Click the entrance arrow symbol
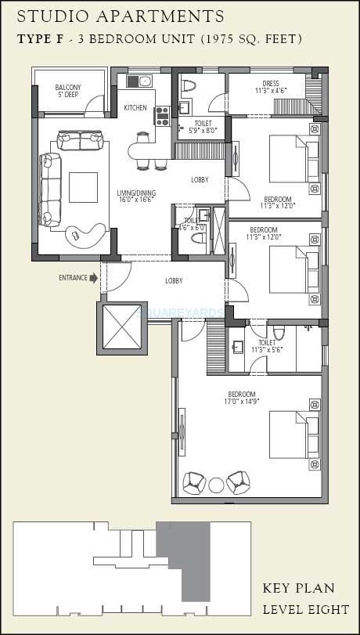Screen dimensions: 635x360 [94, 277]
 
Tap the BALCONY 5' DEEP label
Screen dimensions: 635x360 [68, 91]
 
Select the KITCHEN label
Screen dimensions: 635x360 [135, 108]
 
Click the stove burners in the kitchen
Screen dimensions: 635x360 [163, 116]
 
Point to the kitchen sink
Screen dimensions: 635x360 [144, 80]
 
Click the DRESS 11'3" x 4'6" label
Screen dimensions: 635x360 [272, 86]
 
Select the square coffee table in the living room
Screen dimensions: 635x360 [84, 186]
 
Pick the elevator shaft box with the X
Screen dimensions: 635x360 [121, 324]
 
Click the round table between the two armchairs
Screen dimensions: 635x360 [216, 484]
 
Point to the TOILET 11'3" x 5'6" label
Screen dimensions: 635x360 [266, 345]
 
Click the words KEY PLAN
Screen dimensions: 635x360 [298, 589]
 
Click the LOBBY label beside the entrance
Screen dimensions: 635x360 [173, 280]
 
